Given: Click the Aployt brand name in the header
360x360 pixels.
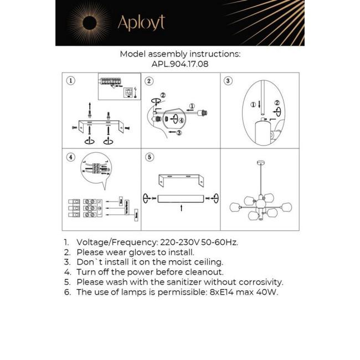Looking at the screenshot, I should coord(141,23).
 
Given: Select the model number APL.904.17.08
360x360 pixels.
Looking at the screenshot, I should coord(180,64).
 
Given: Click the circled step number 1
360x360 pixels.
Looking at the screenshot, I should coord(70,81).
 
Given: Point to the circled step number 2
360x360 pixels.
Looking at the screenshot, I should coord(149,81).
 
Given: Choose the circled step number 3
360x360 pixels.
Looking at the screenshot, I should coord(228,81).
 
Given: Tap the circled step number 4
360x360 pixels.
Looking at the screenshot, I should coord(70,157).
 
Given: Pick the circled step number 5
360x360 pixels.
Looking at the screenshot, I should coord(149,157).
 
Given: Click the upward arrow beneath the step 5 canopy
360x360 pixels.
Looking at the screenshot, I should coord(181,208).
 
